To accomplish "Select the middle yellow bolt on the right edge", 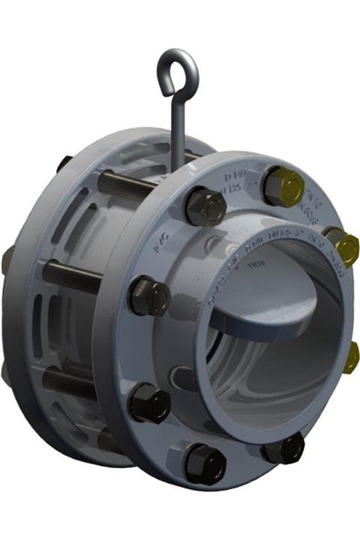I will coord(344,248).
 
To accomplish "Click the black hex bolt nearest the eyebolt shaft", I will coord(205,206).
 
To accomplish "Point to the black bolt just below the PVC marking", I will coord(148,295).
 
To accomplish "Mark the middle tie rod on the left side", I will coord(71,275).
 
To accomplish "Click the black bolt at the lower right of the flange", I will coord(286,448).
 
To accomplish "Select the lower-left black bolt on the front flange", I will coord(148,403).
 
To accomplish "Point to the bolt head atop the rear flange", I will coord(63,162).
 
